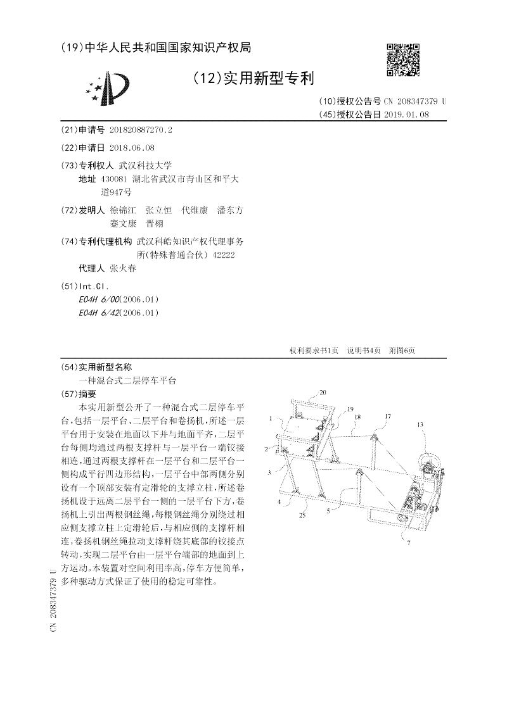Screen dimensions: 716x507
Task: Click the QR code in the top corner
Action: pyautogui.click(x=402, y=60)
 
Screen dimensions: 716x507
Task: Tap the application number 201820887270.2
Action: pyautogui.click(x=141, y=130)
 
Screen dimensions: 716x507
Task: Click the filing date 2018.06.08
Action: pyautogui.click(x=132, y=148)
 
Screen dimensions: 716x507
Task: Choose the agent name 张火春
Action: pyautogui.click(x=122, y=268)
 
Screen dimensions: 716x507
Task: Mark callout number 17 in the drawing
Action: pyautogui.click(x=387, y=416)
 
